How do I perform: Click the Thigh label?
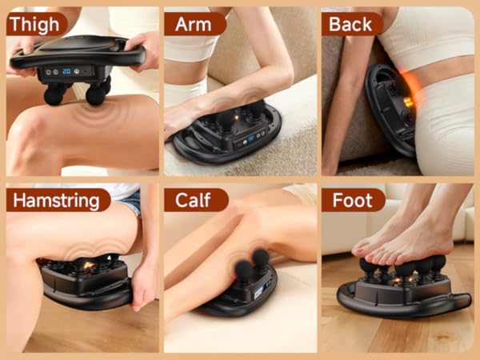pyautogui.click(x=35, y=24)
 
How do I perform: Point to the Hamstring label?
pyautogui.click(x=58, y=200)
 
